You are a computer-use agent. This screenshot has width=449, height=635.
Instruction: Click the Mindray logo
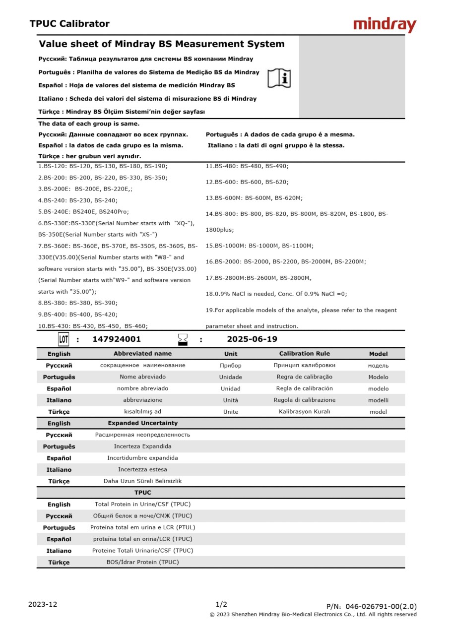click(x=385, y=25)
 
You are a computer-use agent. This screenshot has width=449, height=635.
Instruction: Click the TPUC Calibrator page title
click(x=69, y=24)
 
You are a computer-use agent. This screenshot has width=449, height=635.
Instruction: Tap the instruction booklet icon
click(x=279, y=78)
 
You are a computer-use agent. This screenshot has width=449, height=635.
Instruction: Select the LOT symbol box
click(x=64, y=339)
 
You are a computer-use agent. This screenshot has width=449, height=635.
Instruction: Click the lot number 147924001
click(x=117, y=339)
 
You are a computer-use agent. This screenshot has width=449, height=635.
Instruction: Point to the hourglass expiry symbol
click(x=183, y=339)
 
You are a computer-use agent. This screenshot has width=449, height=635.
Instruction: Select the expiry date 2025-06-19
click(x=252, y=339)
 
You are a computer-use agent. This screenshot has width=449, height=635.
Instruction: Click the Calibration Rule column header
click(x=304, y=354)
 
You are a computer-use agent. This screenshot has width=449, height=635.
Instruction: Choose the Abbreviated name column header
click(x=142, y=354)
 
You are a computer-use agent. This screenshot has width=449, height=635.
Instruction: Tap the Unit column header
click(x=231, y=354)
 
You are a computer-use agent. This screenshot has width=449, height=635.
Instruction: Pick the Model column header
click(x=378, y=354)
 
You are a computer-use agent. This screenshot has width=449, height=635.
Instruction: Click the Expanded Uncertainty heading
click(x=142, y=423)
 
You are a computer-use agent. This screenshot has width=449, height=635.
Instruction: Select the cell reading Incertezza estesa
click(x=142, y=469)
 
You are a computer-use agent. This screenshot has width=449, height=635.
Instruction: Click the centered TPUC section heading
click(x=142, y=493)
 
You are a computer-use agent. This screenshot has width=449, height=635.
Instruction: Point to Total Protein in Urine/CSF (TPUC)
click(x=142, y=504)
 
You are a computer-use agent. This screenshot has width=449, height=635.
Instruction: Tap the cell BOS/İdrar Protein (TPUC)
click(x=142, y=562)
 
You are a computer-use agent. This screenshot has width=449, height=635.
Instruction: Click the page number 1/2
click(x=221, y=604)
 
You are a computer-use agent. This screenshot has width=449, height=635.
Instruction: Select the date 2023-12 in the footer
click(x=43, y=604)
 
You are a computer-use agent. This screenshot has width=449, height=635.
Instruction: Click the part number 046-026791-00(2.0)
click(x=381, y=606)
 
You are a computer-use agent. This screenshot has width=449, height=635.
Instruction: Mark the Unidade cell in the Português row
click(x=231, y=377)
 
